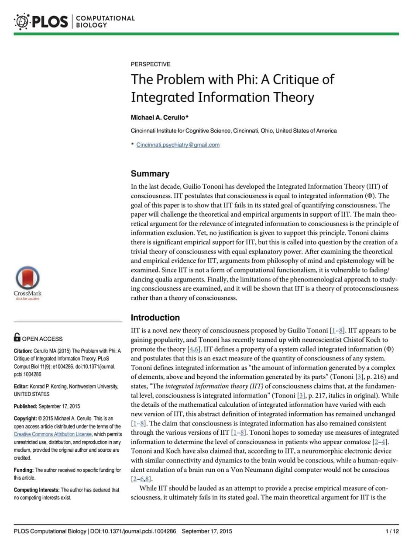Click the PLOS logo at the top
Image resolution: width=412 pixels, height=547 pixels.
click(x=41, y=21)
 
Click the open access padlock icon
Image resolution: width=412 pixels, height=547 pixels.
click(x=17, y=337)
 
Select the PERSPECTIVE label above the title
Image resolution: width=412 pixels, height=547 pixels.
click(x=150, y=64)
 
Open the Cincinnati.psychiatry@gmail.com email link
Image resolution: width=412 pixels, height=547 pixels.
click(x=178, y=145)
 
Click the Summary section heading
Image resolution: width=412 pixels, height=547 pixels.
click(x=150, y=174)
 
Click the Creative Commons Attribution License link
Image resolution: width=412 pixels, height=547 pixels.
click(x=53, y=434)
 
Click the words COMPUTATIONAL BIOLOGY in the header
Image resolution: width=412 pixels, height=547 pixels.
click(x=105, y=21)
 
